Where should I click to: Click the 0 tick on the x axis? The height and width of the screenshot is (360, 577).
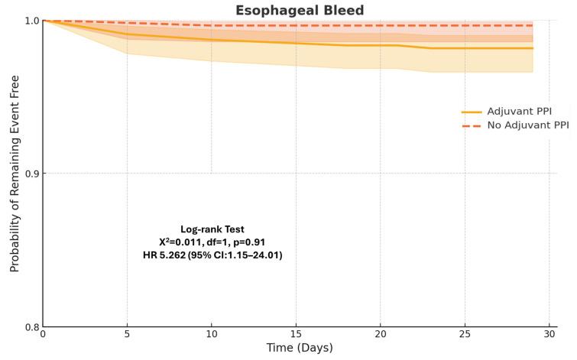43,336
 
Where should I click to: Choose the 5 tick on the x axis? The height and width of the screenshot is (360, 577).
127,336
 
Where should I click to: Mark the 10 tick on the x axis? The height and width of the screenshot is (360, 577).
212,336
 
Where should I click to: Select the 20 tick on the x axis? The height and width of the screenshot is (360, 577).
381,336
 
